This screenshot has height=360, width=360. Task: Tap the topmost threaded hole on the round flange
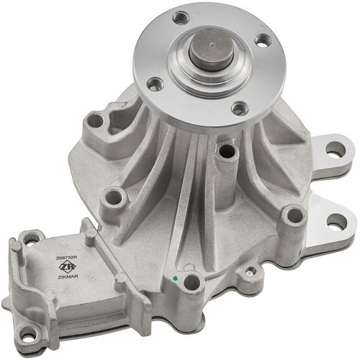(x=181, y=17)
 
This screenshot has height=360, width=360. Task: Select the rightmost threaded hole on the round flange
(x=263, y=41)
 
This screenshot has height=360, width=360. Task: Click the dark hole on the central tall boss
(x=228, y=151)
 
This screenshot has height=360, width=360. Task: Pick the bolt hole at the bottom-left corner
(x=27, y=334)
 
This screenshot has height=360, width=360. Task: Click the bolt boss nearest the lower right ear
(x=292, y=214)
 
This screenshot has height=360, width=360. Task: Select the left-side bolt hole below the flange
(x=114, y=197)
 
